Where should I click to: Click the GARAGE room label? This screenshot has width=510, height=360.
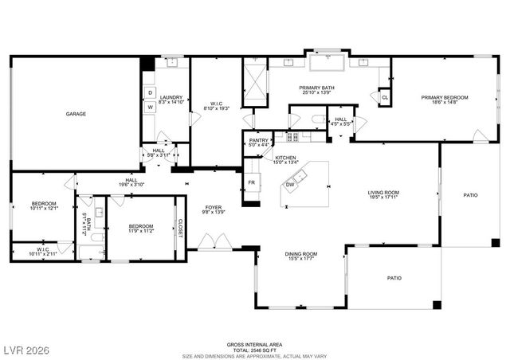(76, 114)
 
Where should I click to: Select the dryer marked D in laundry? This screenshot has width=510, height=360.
(150, 92)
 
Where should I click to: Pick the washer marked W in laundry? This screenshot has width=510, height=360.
(150, 108)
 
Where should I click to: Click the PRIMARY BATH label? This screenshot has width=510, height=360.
(316, 88)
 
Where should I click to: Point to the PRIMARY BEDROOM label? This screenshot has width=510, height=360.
(445, 97)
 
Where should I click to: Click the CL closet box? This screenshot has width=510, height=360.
(384, 97)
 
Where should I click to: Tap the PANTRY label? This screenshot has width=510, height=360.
(259, 140)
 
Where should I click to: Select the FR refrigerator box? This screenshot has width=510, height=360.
(251, 182)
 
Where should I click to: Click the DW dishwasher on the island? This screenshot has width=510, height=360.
(290, 185)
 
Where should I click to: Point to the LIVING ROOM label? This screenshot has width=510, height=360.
(382, 192)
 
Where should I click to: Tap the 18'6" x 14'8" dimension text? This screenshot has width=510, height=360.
(445, 102)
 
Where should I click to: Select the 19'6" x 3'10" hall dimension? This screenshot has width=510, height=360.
(131, 185)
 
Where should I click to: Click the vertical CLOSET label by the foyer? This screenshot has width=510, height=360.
(180, 228)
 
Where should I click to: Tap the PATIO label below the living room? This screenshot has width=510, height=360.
(394, 278)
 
